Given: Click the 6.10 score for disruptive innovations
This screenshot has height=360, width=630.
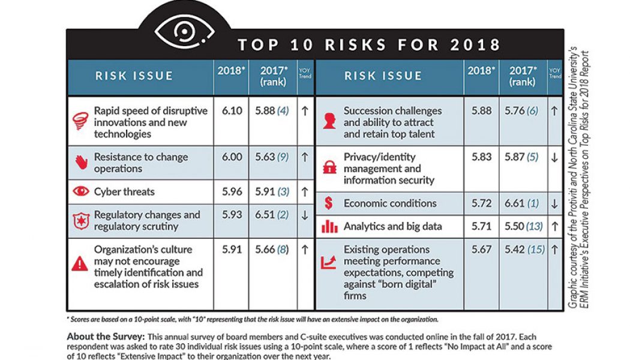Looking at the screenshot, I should pos(232,112).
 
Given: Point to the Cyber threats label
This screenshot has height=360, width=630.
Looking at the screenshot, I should pos(124,192).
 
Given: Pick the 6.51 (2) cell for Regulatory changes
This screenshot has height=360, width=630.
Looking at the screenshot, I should pos(272,215).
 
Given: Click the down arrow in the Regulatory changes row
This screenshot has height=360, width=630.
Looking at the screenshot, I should pos(305,215).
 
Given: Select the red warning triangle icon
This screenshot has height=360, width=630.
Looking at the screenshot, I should pos(80,264).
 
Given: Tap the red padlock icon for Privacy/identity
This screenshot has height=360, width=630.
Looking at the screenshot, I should pos(329,168).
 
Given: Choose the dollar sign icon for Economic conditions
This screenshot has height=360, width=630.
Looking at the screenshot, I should pos(328,203).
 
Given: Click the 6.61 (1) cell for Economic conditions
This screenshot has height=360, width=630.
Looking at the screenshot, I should pos(522,203).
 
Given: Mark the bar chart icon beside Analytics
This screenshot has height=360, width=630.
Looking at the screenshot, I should pos(329,227).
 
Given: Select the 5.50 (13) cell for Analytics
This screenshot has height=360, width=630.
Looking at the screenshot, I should pos(522,227).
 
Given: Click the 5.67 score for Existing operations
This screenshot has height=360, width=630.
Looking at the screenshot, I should pos(481,250).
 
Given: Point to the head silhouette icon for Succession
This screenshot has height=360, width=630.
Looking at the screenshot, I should pos(329,122).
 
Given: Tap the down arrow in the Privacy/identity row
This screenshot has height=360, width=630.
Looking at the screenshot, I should pos(554,158).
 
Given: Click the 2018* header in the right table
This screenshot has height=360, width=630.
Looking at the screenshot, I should pos(481,70).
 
